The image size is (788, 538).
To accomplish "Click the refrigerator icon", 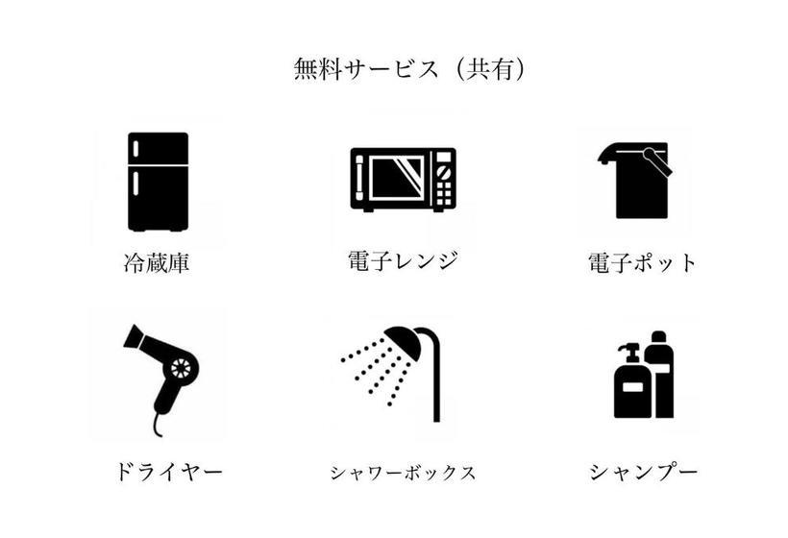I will tap(158, 181).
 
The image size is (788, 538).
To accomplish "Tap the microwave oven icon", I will tap(402, 179).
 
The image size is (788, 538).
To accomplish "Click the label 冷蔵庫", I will tap(157, 262).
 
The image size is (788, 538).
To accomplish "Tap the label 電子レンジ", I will tap(402, 260).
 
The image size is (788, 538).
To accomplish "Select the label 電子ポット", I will tap(642, 262).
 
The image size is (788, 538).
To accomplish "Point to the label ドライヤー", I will tap(168, 472).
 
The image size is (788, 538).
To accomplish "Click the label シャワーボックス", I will tap(403, 473).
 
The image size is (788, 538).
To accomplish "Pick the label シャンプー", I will tap(643, 472).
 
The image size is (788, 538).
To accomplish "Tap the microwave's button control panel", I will tap(443, 179).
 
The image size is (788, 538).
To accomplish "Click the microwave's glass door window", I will tap(397, 178).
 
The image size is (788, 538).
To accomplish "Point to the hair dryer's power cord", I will tap(155, 422).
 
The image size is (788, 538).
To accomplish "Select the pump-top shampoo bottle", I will tap(629, 384).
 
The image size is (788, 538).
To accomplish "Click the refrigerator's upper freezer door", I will tap(158, 149).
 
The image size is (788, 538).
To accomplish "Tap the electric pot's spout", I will tap(606, 154).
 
